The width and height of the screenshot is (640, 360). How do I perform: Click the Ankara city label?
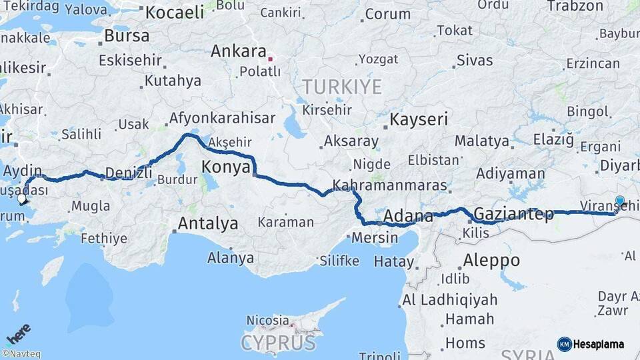coord(239,51)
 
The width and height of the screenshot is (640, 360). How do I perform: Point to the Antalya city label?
coord(208,224)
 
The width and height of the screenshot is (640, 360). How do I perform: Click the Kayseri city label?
coord(419,120)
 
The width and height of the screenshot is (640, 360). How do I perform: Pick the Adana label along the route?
coord(409,216)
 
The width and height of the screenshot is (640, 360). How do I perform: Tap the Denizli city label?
coord(129,173)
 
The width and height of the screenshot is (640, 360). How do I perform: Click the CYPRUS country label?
coord(278,343)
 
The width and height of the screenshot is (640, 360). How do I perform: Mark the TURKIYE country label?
coord(342,87)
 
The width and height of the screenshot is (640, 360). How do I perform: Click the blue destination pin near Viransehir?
coord(620,201)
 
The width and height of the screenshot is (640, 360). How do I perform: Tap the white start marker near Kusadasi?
coord(22,198)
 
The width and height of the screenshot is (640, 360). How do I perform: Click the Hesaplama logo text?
coord(598,344)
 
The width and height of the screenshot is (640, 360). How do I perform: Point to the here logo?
coord(19,333)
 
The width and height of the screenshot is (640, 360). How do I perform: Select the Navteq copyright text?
coord(21,354)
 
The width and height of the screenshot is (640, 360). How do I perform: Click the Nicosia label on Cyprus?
coord(267,321)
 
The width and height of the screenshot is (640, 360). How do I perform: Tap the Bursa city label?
coord(127,36)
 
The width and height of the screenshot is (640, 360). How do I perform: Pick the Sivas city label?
coord(475,61)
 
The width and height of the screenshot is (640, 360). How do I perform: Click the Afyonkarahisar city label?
coord(222,118)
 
